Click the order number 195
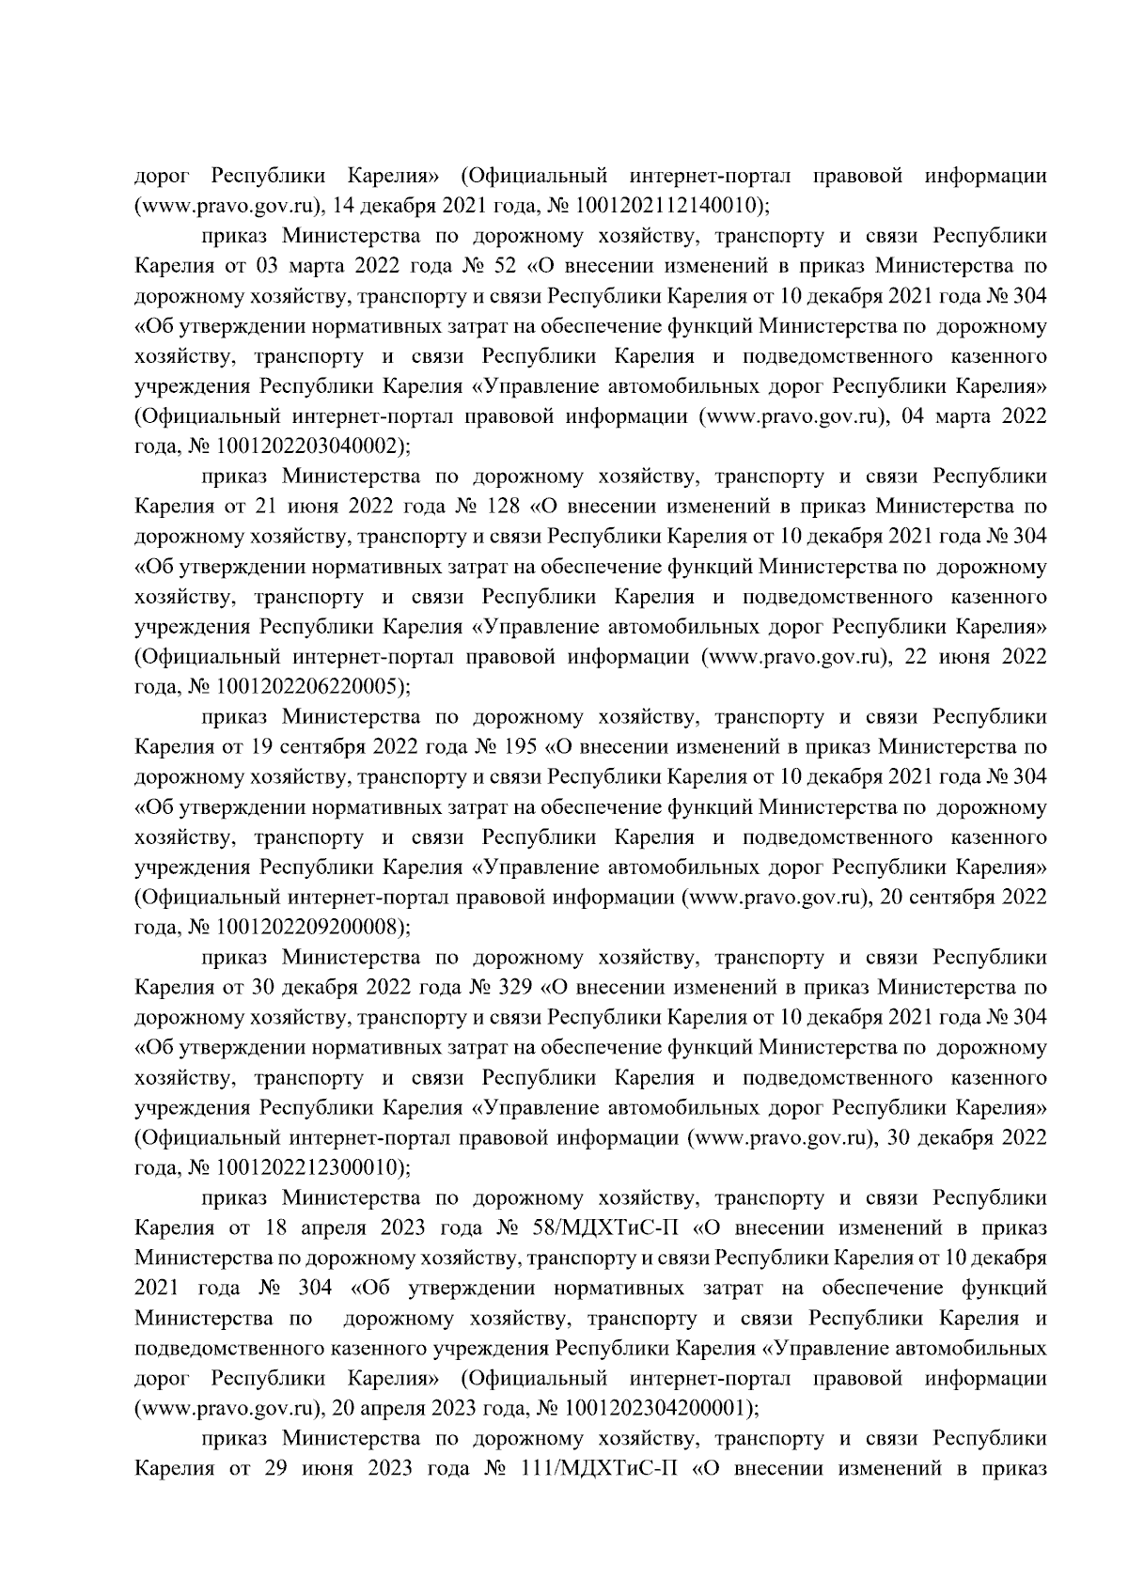[x=518, y=747]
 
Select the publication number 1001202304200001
[x=653, y=1409]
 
